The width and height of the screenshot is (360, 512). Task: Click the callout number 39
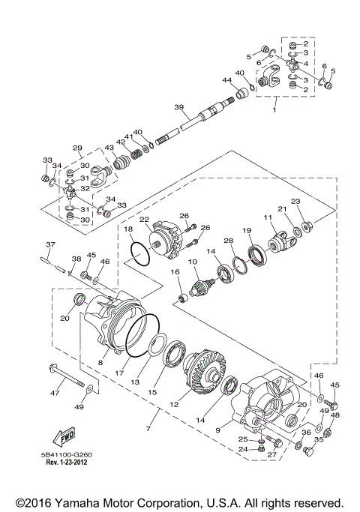(178, 108)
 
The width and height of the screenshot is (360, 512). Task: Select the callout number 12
(175, 404)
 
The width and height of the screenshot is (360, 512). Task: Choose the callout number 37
(50, 245)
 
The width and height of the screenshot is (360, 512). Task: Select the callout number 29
(77, 148)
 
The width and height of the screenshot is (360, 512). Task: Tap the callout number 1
(274, 111)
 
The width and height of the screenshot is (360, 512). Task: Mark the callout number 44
(226, 80)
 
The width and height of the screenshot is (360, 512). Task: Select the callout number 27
(271, 455)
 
